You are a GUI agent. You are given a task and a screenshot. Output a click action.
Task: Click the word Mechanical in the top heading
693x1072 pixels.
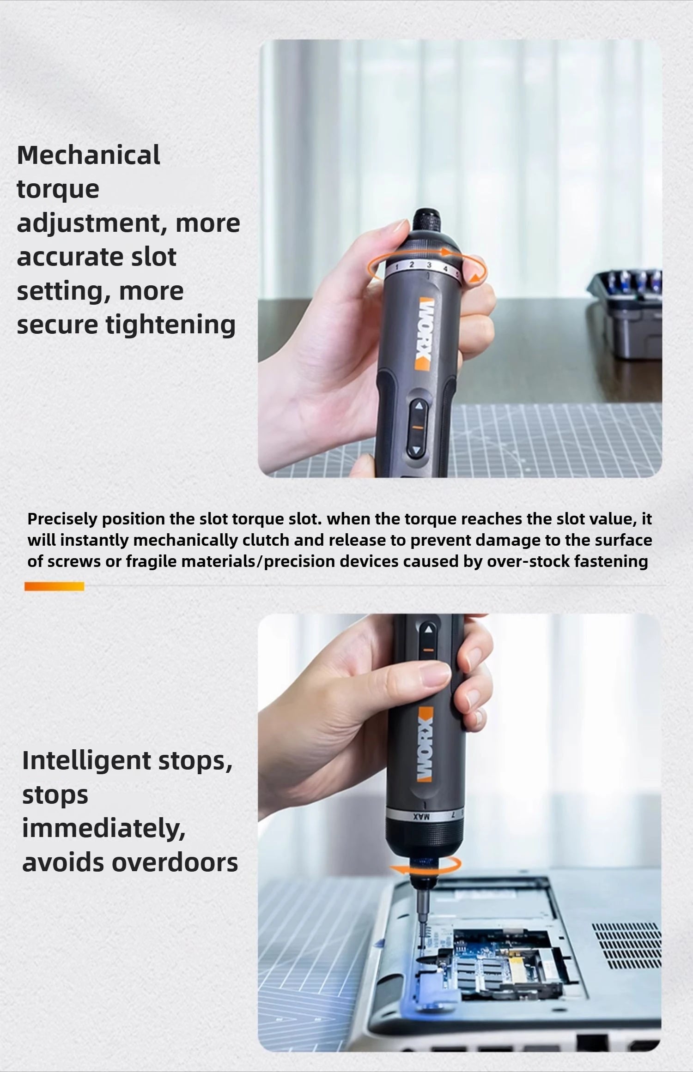point(88,155)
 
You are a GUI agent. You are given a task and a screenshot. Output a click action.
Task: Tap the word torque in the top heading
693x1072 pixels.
point(58,189)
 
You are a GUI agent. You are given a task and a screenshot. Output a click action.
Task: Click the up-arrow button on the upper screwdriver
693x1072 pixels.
point(419,407)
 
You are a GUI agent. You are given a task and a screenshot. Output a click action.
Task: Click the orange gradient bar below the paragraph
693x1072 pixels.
point(54,586)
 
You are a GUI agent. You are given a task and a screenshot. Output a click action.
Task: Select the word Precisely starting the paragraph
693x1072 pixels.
point(62,519)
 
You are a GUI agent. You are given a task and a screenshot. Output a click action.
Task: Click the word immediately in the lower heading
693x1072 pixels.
point(103,829)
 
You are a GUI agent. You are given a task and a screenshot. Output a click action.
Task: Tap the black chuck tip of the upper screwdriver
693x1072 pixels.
point(422,221)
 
